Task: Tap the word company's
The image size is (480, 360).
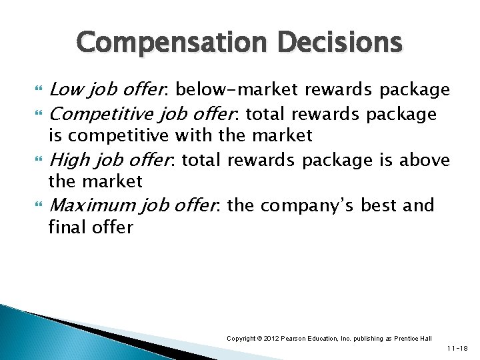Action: pos(313,205)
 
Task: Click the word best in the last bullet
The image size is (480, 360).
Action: pos(383,205)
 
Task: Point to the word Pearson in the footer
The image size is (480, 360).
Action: pos(297,339)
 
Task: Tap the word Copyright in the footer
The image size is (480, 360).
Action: pos(242,339)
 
